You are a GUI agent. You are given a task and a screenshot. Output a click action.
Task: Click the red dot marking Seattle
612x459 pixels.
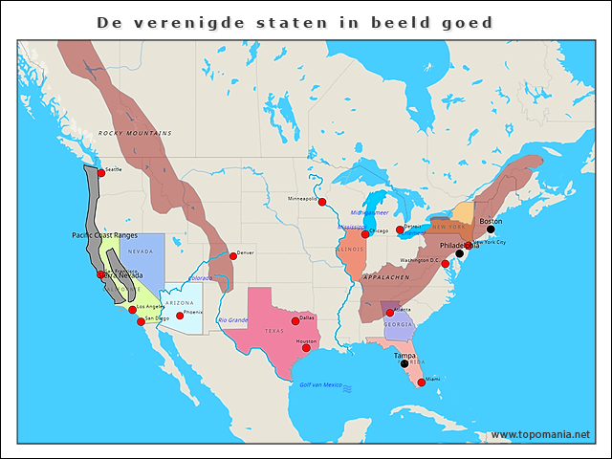point(100,173)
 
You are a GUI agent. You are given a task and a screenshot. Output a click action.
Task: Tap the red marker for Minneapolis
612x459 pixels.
point(322,202)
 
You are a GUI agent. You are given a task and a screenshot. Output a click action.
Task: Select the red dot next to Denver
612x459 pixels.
point(232,255)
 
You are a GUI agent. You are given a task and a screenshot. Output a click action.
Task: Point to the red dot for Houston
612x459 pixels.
point(306,348)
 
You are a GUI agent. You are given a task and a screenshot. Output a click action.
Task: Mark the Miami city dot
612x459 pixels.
point(421,382)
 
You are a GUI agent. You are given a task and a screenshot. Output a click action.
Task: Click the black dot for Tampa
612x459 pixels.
point(404,363)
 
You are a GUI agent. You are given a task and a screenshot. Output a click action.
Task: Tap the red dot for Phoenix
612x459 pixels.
point(179,316)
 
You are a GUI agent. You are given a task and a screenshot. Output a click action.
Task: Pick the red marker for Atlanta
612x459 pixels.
point(391,313)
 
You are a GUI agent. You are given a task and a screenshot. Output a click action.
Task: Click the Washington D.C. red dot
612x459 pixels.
point(445,263)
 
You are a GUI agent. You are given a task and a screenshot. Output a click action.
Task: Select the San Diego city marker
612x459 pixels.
point(142,321)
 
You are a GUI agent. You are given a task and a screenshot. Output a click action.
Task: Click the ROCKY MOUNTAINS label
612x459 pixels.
point(136,133)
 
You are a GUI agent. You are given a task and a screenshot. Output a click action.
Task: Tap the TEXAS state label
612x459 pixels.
point(274,331)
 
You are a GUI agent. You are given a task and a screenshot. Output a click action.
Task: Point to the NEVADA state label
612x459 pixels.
point(141,251)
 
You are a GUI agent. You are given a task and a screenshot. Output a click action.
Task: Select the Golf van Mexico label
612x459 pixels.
point(320,384)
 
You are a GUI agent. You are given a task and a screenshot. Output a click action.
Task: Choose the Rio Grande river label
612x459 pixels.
point(233,319)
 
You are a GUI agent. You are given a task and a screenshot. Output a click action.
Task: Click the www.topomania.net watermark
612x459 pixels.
point(540,434)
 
